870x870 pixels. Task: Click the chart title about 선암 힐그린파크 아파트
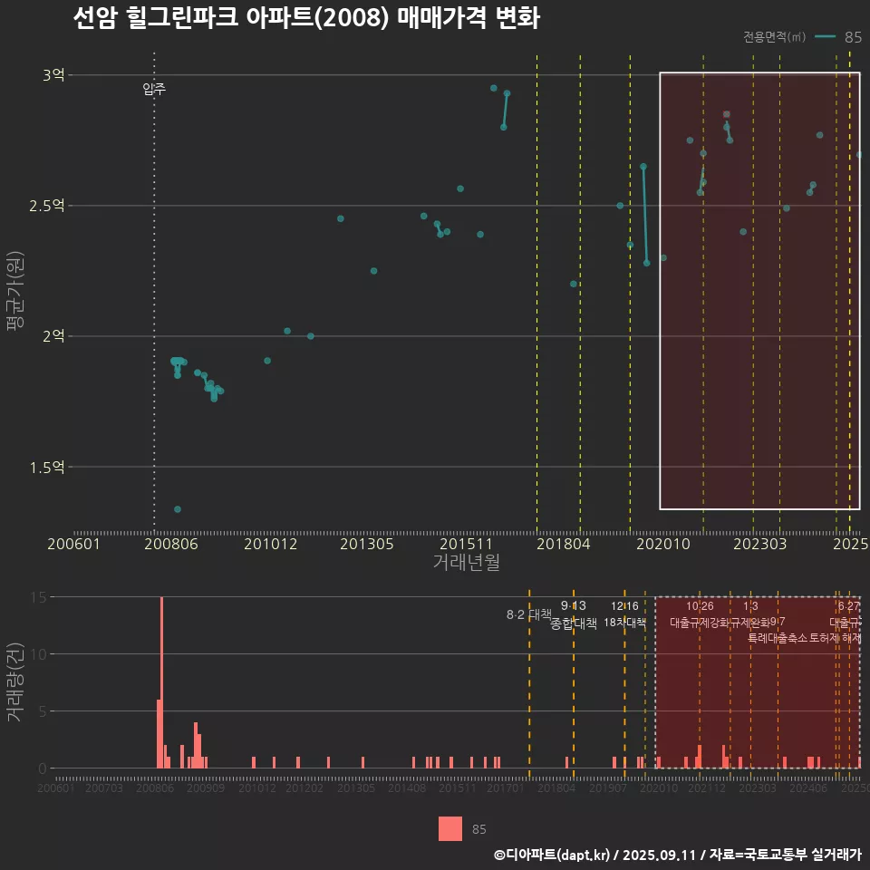306,19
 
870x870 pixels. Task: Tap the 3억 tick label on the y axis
53,75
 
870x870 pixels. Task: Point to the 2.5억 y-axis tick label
48,206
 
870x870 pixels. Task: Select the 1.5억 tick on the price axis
48,468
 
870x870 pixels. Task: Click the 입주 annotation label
154,89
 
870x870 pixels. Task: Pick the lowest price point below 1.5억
178,509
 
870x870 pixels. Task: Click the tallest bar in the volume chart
161,681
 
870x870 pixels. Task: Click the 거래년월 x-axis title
466,563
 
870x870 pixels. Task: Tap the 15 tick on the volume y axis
39,597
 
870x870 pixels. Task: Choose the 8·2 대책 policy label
528,614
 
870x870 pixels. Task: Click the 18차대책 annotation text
624,623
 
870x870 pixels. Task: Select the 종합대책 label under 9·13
573,623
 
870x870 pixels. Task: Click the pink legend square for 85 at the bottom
450,828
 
